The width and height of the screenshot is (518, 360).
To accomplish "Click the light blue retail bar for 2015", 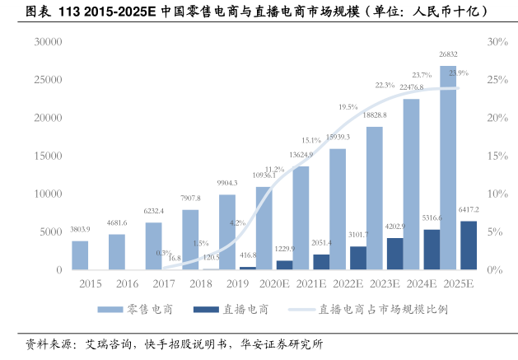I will pos(80,255).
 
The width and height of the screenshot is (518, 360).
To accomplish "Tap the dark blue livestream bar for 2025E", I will pos(468,245).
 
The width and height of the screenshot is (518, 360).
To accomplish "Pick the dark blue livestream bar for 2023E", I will pos(394,254).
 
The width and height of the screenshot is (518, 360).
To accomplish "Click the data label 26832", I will pos(448,59).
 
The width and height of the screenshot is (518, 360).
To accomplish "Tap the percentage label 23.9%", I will pos(458,73).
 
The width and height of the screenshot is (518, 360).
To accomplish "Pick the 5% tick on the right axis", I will pos(494,231).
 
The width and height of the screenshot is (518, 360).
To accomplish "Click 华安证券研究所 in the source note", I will pos(282,344).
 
